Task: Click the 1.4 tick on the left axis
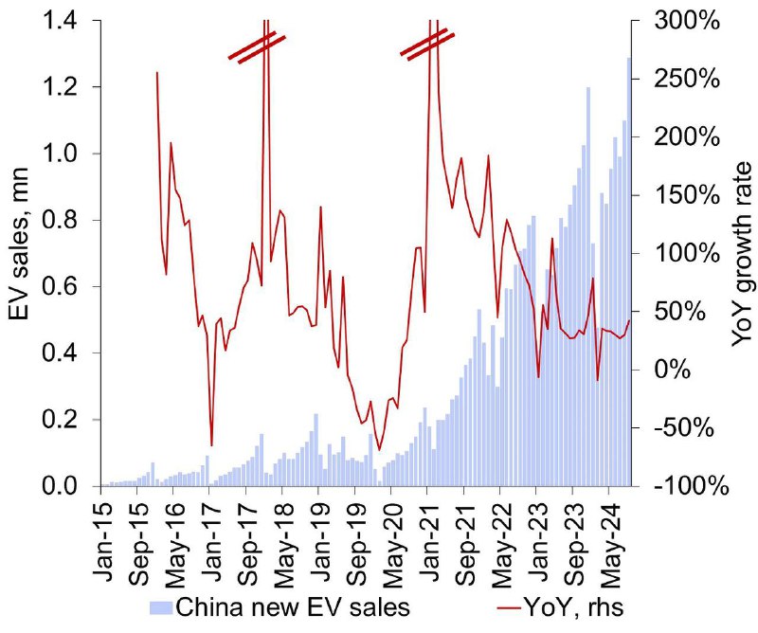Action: [x=62, y=21]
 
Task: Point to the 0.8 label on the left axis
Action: [x=62, y=221]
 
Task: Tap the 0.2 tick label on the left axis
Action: [x=62, y=420]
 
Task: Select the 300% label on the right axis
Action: [x=687, y=21]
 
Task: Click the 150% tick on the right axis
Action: [x=687, y=195]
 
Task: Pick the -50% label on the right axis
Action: [x=683, y=428]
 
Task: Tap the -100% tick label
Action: [x=692, y=485]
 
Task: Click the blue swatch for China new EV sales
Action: [x=161, y=607]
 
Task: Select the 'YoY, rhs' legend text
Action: [x=574, y=606]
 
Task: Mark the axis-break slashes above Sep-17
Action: [x=257, y=47]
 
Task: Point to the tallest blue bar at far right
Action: [x=629, y=272]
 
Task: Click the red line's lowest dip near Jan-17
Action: [x=211, y=444]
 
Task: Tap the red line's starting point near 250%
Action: [x=157, y=73]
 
